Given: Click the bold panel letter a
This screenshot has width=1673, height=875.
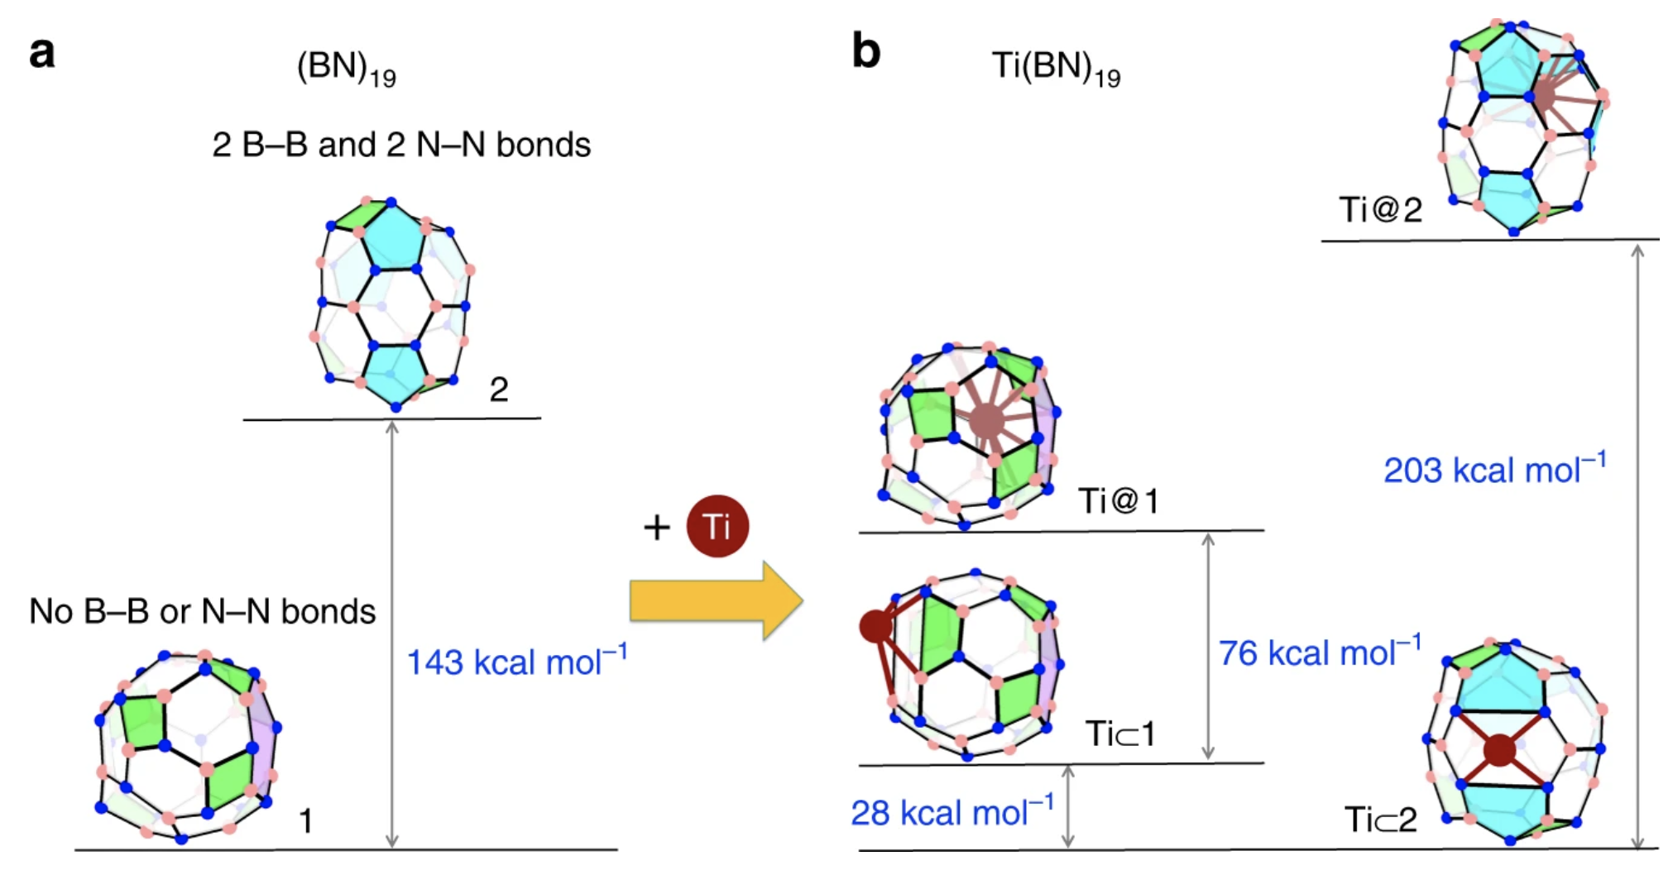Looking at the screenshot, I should [42, 54].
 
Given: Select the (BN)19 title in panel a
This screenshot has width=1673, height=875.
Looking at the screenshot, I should [346, 68].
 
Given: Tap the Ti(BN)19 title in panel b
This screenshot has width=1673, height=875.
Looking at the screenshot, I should [1056, 68].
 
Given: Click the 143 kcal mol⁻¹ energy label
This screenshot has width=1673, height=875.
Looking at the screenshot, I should [516, 662].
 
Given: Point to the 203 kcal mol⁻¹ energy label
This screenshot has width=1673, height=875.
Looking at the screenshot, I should [1494, 470].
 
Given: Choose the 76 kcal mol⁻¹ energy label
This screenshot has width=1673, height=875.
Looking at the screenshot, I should [1320, 653].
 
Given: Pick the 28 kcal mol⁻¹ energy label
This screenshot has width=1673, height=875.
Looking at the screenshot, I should [952, 812].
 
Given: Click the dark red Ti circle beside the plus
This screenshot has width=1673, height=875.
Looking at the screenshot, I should [717, 526].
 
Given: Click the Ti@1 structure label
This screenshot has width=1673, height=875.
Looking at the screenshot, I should [1118, 500].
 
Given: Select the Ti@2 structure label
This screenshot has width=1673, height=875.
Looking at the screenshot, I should [1380, 210].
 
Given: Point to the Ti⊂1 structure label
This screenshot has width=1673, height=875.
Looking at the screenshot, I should [1119, 734].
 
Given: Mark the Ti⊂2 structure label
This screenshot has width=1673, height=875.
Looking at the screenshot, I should [1380, 820].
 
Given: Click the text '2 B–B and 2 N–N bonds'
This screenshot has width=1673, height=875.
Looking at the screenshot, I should [401, 145].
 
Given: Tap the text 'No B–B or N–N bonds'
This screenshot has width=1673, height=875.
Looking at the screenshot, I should [202, 612].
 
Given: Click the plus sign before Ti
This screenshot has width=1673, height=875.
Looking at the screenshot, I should [657, 527].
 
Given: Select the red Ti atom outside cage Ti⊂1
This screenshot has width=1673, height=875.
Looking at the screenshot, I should [876, 626].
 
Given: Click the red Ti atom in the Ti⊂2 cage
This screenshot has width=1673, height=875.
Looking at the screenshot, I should [1499, 750].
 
